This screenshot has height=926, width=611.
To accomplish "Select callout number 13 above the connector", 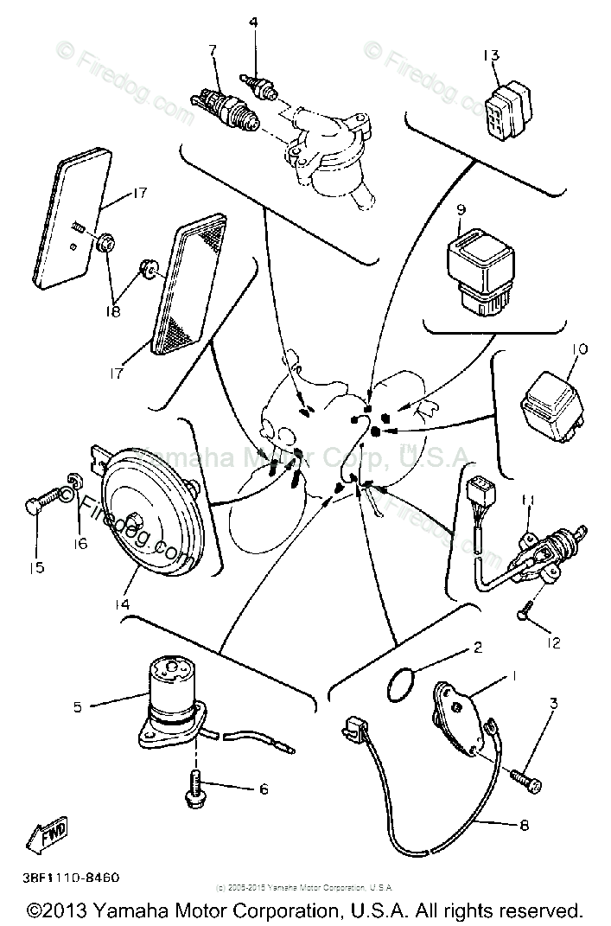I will (x=491, y=56).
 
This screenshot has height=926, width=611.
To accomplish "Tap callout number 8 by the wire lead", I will (x=525, y=825).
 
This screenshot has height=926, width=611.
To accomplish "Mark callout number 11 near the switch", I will (x=527, y=501).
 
